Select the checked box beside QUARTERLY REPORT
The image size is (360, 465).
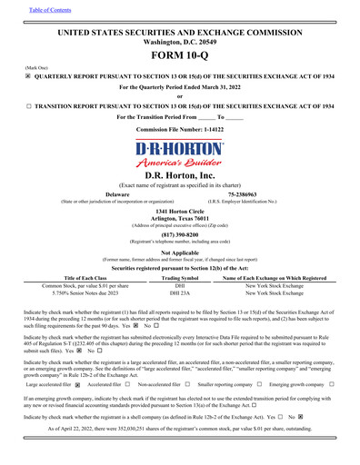click(28, 78)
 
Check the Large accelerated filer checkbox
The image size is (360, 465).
click(77, 385)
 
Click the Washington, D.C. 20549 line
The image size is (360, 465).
click(179, 42)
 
